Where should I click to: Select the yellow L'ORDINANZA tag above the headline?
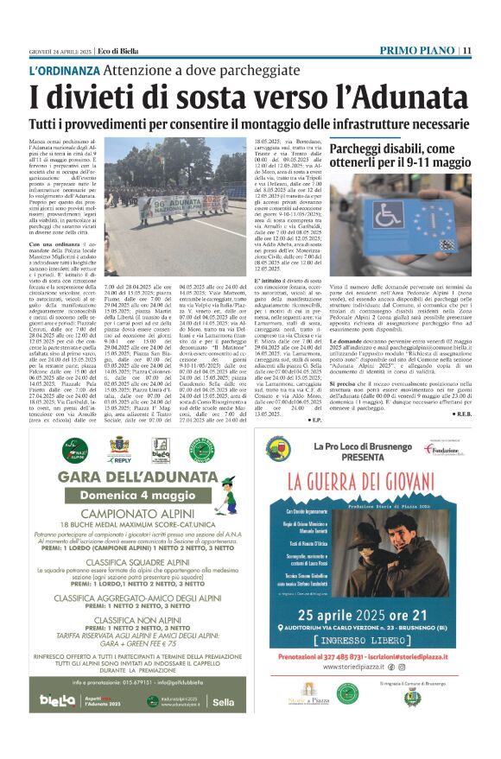tap(63, 70)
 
